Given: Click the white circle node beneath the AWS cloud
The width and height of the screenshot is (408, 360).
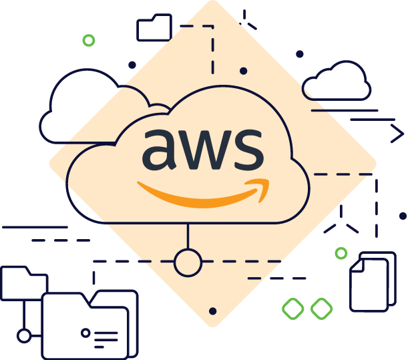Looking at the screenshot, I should (x=188, y=262).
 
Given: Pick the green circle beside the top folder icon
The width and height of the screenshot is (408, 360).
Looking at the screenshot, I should (x=88, y=41).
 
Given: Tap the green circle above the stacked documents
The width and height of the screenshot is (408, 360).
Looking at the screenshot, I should (x=341, y=253).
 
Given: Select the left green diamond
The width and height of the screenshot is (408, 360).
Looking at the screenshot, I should (x=293, y=309).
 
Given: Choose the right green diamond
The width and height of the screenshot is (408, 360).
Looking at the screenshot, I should (x=321, y=309).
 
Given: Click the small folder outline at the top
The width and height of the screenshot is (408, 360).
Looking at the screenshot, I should (x=154, y=29).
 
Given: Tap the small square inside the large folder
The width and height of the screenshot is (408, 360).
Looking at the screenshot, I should (x=85, y=332).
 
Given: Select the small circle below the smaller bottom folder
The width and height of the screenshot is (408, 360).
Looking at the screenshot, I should (x=24, y=335).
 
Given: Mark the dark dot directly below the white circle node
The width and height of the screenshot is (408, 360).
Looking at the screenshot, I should (x=213, y=311).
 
